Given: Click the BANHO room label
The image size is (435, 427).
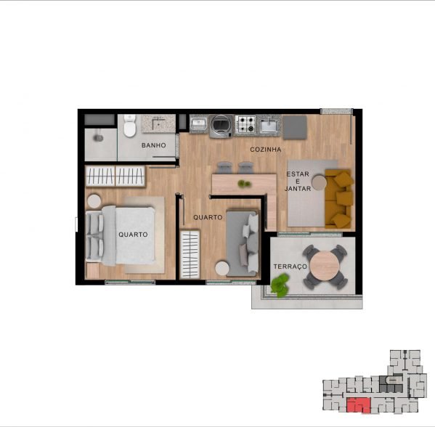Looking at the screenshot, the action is pos(154,145).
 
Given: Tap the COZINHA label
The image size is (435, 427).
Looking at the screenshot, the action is pos(266,150).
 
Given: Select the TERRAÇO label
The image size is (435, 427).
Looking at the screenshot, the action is pos(290,267).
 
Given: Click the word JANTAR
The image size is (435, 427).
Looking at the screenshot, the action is pos(298,188).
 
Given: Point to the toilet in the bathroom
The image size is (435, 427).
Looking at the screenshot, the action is pos(130,126).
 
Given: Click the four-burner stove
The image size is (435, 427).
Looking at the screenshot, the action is pos(245,124).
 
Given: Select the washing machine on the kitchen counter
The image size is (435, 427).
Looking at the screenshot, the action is pos(221,126).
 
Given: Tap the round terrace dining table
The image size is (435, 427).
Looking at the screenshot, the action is pos(325,267).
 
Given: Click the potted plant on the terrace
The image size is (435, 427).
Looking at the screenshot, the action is pos(280,285).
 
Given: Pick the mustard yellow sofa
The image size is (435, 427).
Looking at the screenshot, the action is pos(338,198).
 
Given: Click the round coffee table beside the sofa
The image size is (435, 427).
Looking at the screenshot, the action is pos(319,182).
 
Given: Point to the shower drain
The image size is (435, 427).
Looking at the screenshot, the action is pos(97,138).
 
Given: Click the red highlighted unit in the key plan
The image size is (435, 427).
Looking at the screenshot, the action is pos(359,405).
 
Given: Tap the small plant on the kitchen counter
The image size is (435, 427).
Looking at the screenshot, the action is pos(245,184).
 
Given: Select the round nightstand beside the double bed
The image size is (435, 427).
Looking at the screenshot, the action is pos(94,201).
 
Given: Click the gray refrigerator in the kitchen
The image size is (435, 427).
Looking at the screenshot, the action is pos(295,127).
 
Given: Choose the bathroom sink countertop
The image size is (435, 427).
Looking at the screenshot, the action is pos(158,123).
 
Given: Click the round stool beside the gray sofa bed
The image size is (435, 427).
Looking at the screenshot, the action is pos(222,268).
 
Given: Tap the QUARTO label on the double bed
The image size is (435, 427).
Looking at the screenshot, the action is pos(133,235).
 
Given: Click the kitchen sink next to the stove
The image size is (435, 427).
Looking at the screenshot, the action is pos(269,126).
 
